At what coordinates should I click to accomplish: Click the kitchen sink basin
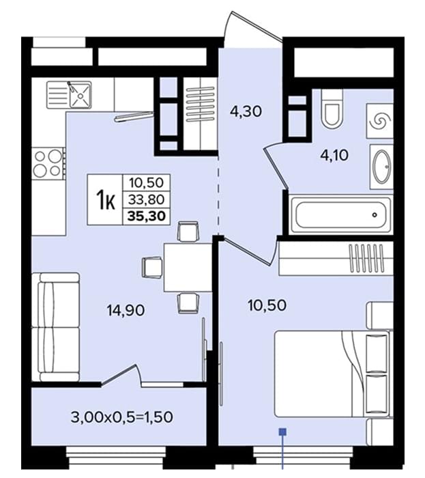[x=80, y=95]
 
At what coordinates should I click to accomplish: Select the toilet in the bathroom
[x=332, y=109]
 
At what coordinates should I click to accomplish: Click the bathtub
[x=340, y=214]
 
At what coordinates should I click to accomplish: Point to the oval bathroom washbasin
[x=381, y=167]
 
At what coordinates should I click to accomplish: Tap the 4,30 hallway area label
[x=246, y=111]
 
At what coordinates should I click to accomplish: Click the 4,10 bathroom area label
[x=334, y=156]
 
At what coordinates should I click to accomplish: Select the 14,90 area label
[x=126, y=311]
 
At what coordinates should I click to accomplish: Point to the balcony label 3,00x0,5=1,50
[x=122, y=417]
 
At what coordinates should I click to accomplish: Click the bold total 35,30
[x=147, y=216]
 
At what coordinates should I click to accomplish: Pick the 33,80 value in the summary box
[x=147, y=199]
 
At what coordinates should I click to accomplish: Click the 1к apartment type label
[x=105, y=200]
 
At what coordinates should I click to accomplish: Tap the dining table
[x=188, y=268]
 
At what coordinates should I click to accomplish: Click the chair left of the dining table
[x=152, y=268]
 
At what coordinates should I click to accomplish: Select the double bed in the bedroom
[x=332, y=374]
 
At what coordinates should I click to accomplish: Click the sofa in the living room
[x=56, y=327]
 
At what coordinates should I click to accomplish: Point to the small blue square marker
[x=283, y=432]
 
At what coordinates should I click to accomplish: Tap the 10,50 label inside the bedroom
[x=267, y=305]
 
